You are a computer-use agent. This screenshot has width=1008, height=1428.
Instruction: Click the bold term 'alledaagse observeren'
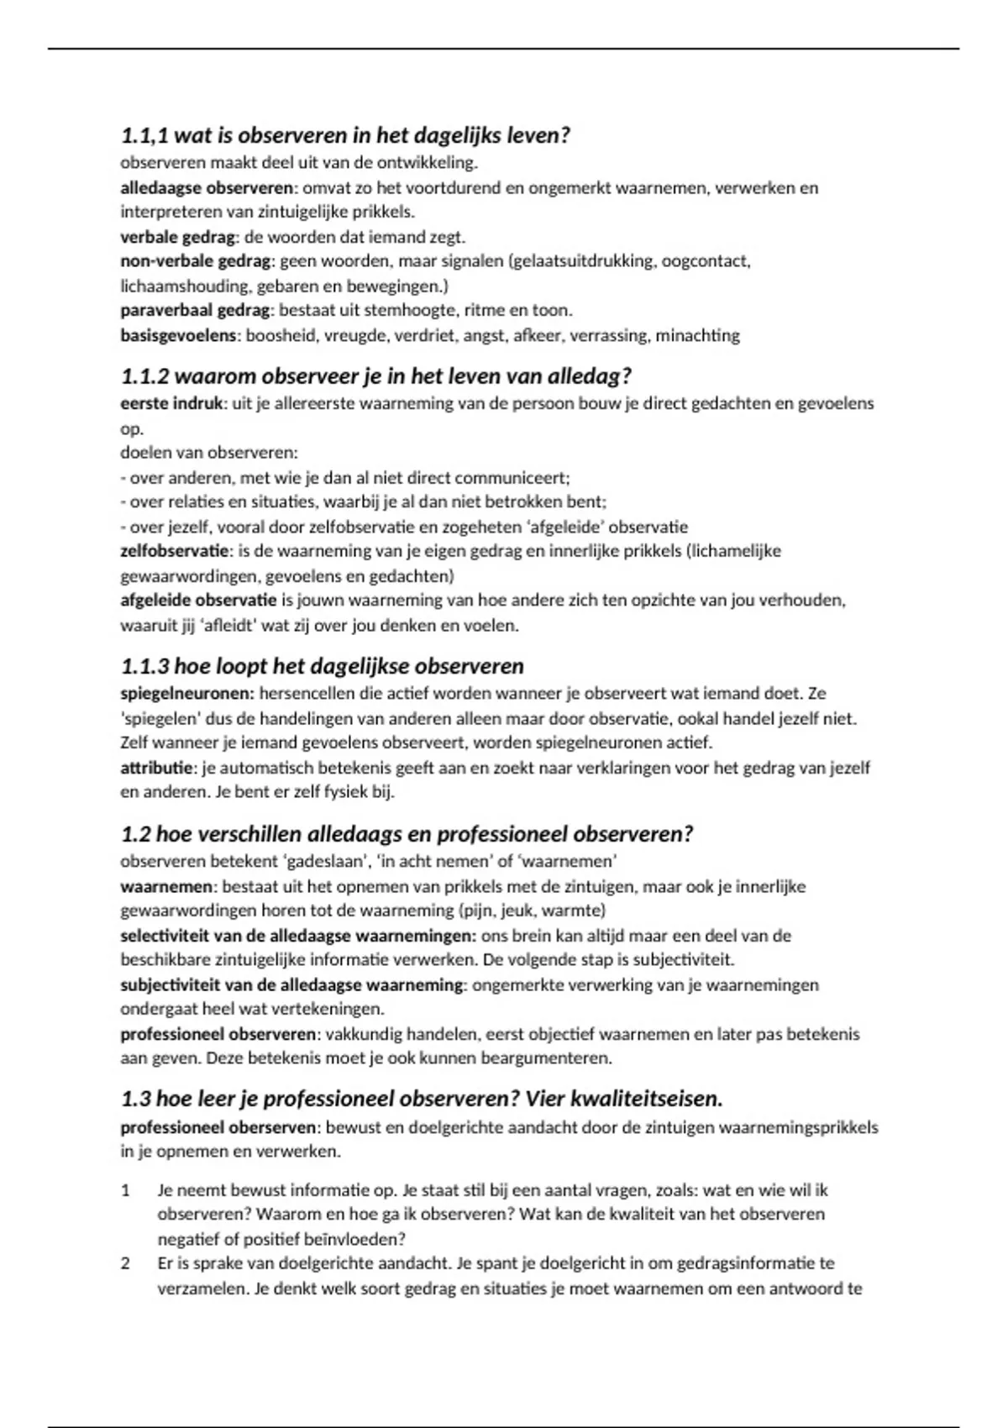207,187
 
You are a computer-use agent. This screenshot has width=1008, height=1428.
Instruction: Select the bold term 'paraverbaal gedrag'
196,310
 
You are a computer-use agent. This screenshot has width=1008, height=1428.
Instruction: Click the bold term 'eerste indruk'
171,403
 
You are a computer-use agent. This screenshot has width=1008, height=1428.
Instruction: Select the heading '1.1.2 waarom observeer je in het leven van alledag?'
375,375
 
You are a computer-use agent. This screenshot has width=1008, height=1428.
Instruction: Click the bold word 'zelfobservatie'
174,551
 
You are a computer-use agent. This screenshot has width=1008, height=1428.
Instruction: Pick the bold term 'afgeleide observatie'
198,601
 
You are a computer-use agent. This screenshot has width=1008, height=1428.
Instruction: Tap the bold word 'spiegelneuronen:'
187,694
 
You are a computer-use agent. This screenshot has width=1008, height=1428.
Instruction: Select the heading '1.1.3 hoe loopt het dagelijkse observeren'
322,666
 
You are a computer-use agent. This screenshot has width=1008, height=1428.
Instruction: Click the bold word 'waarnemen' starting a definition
167,886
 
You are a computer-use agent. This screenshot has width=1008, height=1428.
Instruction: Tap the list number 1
126,1190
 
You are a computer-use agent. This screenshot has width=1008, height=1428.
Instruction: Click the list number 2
126,1263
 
